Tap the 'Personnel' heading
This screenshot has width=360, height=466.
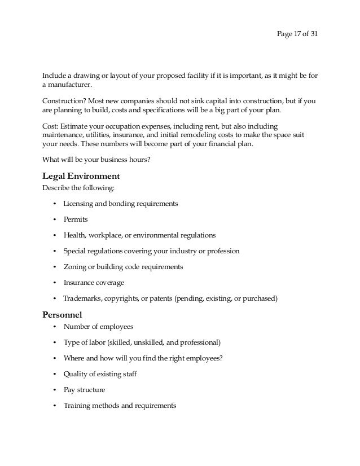pyautogui.click(x=63, y=314)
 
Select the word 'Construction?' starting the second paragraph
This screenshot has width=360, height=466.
pyautogui.click(x=63, y=102)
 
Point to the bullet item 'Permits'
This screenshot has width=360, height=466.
pyautogui.click(x=76, y=219)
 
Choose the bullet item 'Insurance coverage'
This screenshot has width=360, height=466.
pyautogui.click(x=94, y=282)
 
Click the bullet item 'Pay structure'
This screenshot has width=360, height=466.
pyautogui.click(x=84, y=389)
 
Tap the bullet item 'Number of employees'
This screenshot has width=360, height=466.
pyautogui.click(x=98, y=326)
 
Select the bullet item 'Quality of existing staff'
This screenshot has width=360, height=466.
pyautogui.click(x=100, y=373)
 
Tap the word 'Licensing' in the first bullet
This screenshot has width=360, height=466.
pyautogui.click(x=78, y=203)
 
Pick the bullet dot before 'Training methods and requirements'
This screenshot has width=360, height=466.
pyautogui.click(x=54, y=406)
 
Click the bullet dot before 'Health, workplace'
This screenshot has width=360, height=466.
pyautogui.click(x=54, y=235)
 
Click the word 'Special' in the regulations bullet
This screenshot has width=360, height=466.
pyautogui.click(x=74, y=250)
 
